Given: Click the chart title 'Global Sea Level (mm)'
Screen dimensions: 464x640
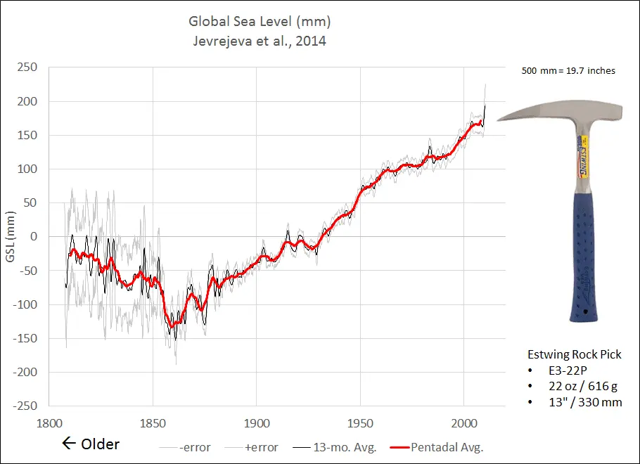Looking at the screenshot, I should coord(259,21).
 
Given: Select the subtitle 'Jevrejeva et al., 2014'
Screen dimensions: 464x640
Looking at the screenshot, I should coord(259,41).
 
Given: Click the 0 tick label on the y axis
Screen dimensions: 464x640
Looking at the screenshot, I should coord(32,236).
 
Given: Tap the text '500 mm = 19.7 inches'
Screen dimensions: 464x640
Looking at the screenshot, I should coord(568,71).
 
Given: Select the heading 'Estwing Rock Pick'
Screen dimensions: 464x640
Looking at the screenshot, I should coord(575,354).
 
